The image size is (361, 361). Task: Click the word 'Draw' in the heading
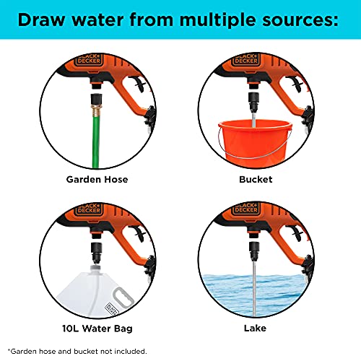click(41, 19)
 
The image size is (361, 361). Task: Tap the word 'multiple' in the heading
click(217, 21)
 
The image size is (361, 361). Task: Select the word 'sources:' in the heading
click(300, 20)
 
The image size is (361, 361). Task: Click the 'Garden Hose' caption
click(97, 180)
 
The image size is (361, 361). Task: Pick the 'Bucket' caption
click(256, 180)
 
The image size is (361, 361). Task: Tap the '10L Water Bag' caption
click(97, 329)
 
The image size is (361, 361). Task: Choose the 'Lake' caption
click(255, 329)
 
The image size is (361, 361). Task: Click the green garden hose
click(96, 142)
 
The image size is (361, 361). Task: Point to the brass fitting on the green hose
click(96, 110)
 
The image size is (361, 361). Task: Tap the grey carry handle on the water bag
click(123, 297)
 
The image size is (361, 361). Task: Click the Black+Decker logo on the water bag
click(112, 309)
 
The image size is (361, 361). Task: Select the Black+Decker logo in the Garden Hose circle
click(89, 59)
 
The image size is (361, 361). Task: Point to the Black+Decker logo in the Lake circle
click(246, 209)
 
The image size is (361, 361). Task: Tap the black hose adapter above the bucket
click(254, 100)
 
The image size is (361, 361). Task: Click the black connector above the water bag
click(97, 252)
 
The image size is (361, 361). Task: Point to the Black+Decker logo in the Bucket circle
click(246, 59)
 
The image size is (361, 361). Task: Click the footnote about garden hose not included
click(77, 352)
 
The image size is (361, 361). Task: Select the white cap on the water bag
click(96, 268)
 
